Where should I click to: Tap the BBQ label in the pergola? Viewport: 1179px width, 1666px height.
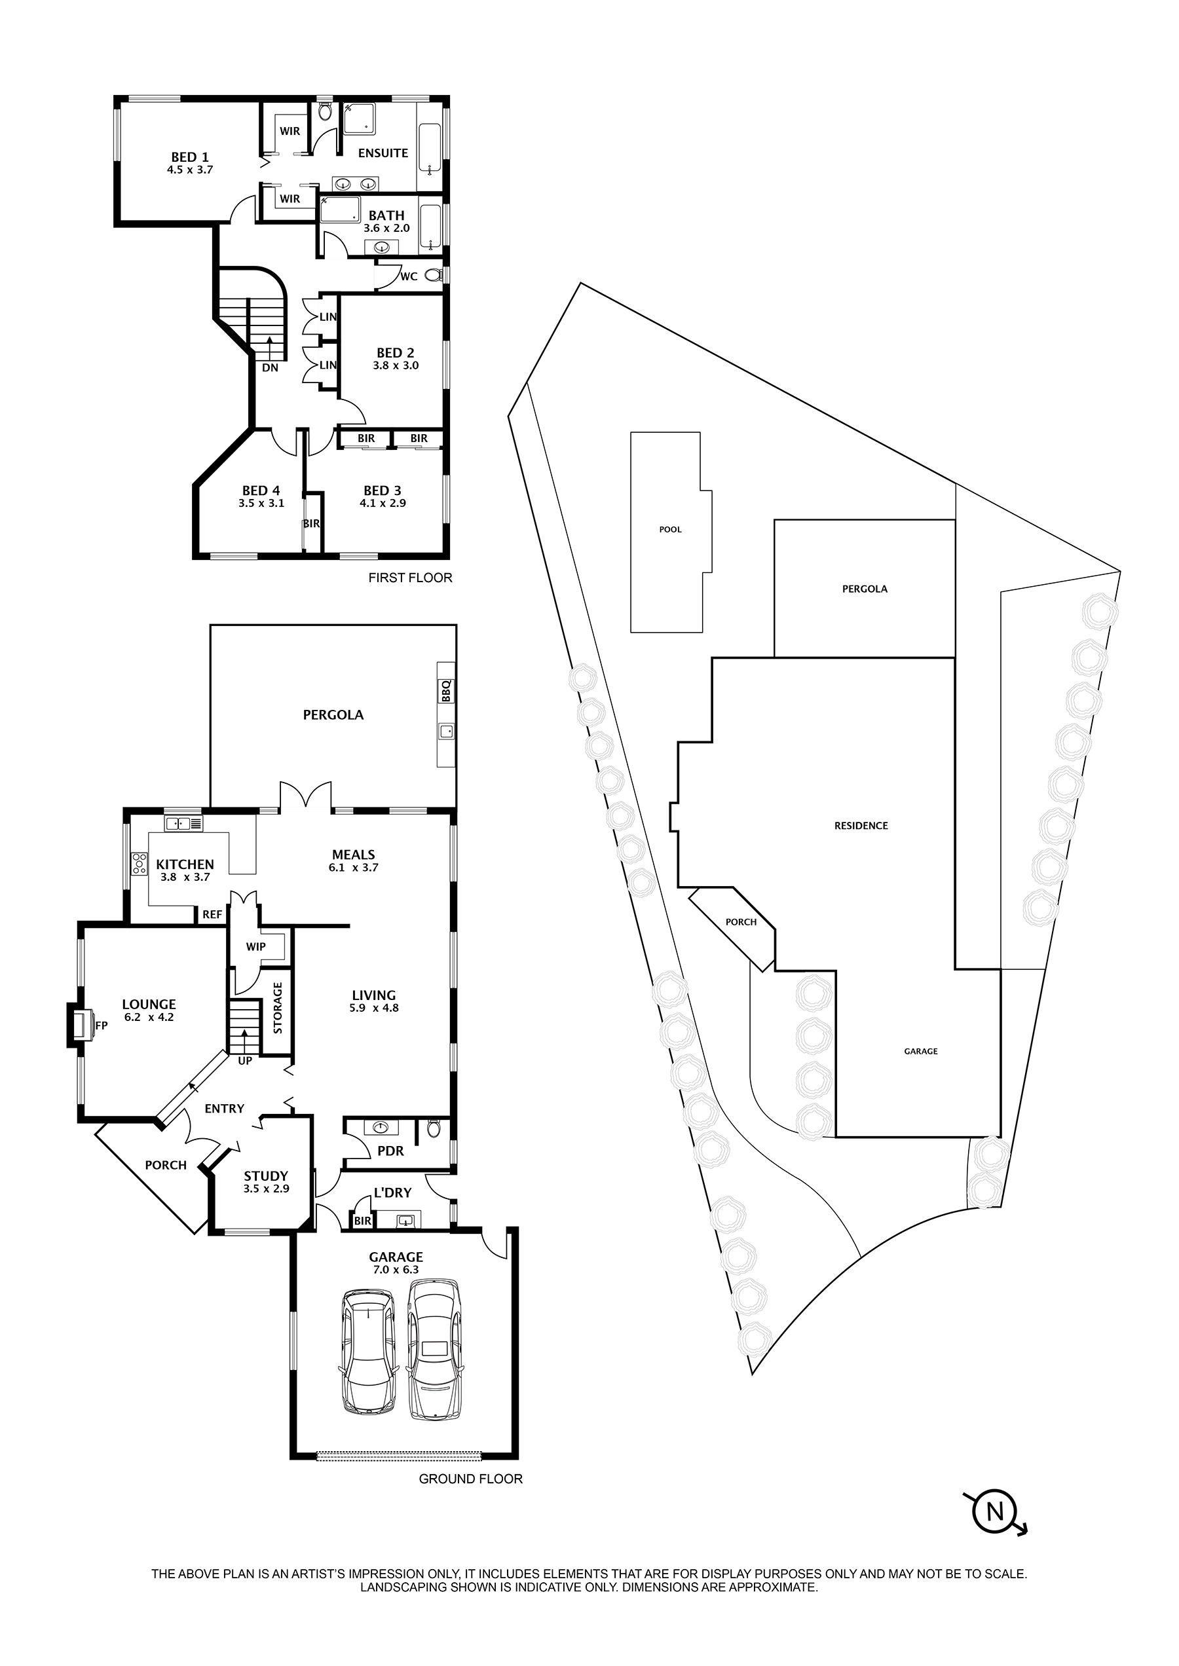(x=446, y=690)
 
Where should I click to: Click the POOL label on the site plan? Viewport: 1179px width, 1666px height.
(x=670, y=530)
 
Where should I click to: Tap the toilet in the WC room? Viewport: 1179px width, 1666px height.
(x=434, y=275)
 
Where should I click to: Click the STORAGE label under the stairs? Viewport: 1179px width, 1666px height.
(x=277, y=1009)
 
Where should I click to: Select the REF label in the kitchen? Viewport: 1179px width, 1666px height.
(x=212, y=915)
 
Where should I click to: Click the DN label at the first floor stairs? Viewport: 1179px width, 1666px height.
(x=270, y=368)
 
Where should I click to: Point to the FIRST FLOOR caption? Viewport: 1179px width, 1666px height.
(x=410, y=578)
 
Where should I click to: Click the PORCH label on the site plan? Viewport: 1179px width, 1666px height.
(x=741, y=922)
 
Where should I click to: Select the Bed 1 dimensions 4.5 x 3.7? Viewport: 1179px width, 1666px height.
(x=189, y=170)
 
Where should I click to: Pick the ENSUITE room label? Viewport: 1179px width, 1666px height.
(x=383, y=153)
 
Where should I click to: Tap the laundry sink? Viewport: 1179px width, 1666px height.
(x=405, y=1220)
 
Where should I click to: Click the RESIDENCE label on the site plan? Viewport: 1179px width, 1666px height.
(x=861, y=825)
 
